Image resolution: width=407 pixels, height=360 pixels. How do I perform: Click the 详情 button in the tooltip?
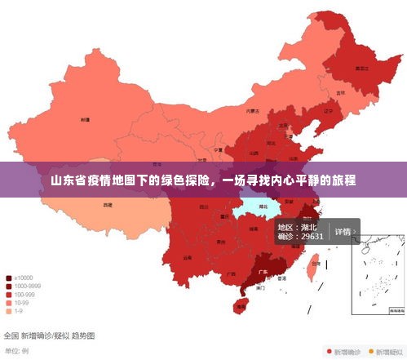(x=343, y=231)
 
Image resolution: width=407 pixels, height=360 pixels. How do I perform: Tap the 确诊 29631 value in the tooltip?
(x=300, y=236)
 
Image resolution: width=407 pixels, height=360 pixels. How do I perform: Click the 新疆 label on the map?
(x=85, y=119)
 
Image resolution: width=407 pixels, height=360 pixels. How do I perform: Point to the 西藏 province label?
(x=107, y=206)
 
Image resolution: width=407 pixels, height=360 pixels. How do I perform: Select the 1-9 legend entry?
(x=19, y=310)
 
